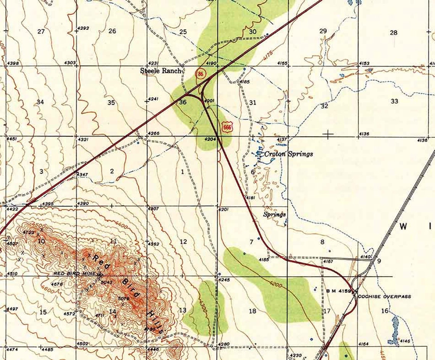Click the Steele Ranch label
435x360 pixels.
162,71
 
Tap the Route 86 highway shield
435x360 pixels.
200,74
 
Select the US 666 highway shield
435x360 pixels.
227,127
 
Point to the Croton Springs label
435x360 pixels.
289,154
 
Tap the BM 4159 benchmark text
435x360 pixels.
339,291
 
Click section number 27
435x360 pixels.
41,31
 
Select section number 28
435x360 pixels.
393,33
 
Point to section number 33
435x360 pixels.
394,101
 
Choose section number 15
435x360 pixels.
43,312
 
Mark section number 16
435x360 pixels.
384,311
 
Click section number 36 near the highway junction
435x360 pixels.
183,102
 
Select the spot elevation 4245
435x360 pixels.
225,280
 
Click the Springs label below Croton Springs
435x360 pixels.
274,215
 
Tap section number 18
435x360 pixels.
252,311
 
